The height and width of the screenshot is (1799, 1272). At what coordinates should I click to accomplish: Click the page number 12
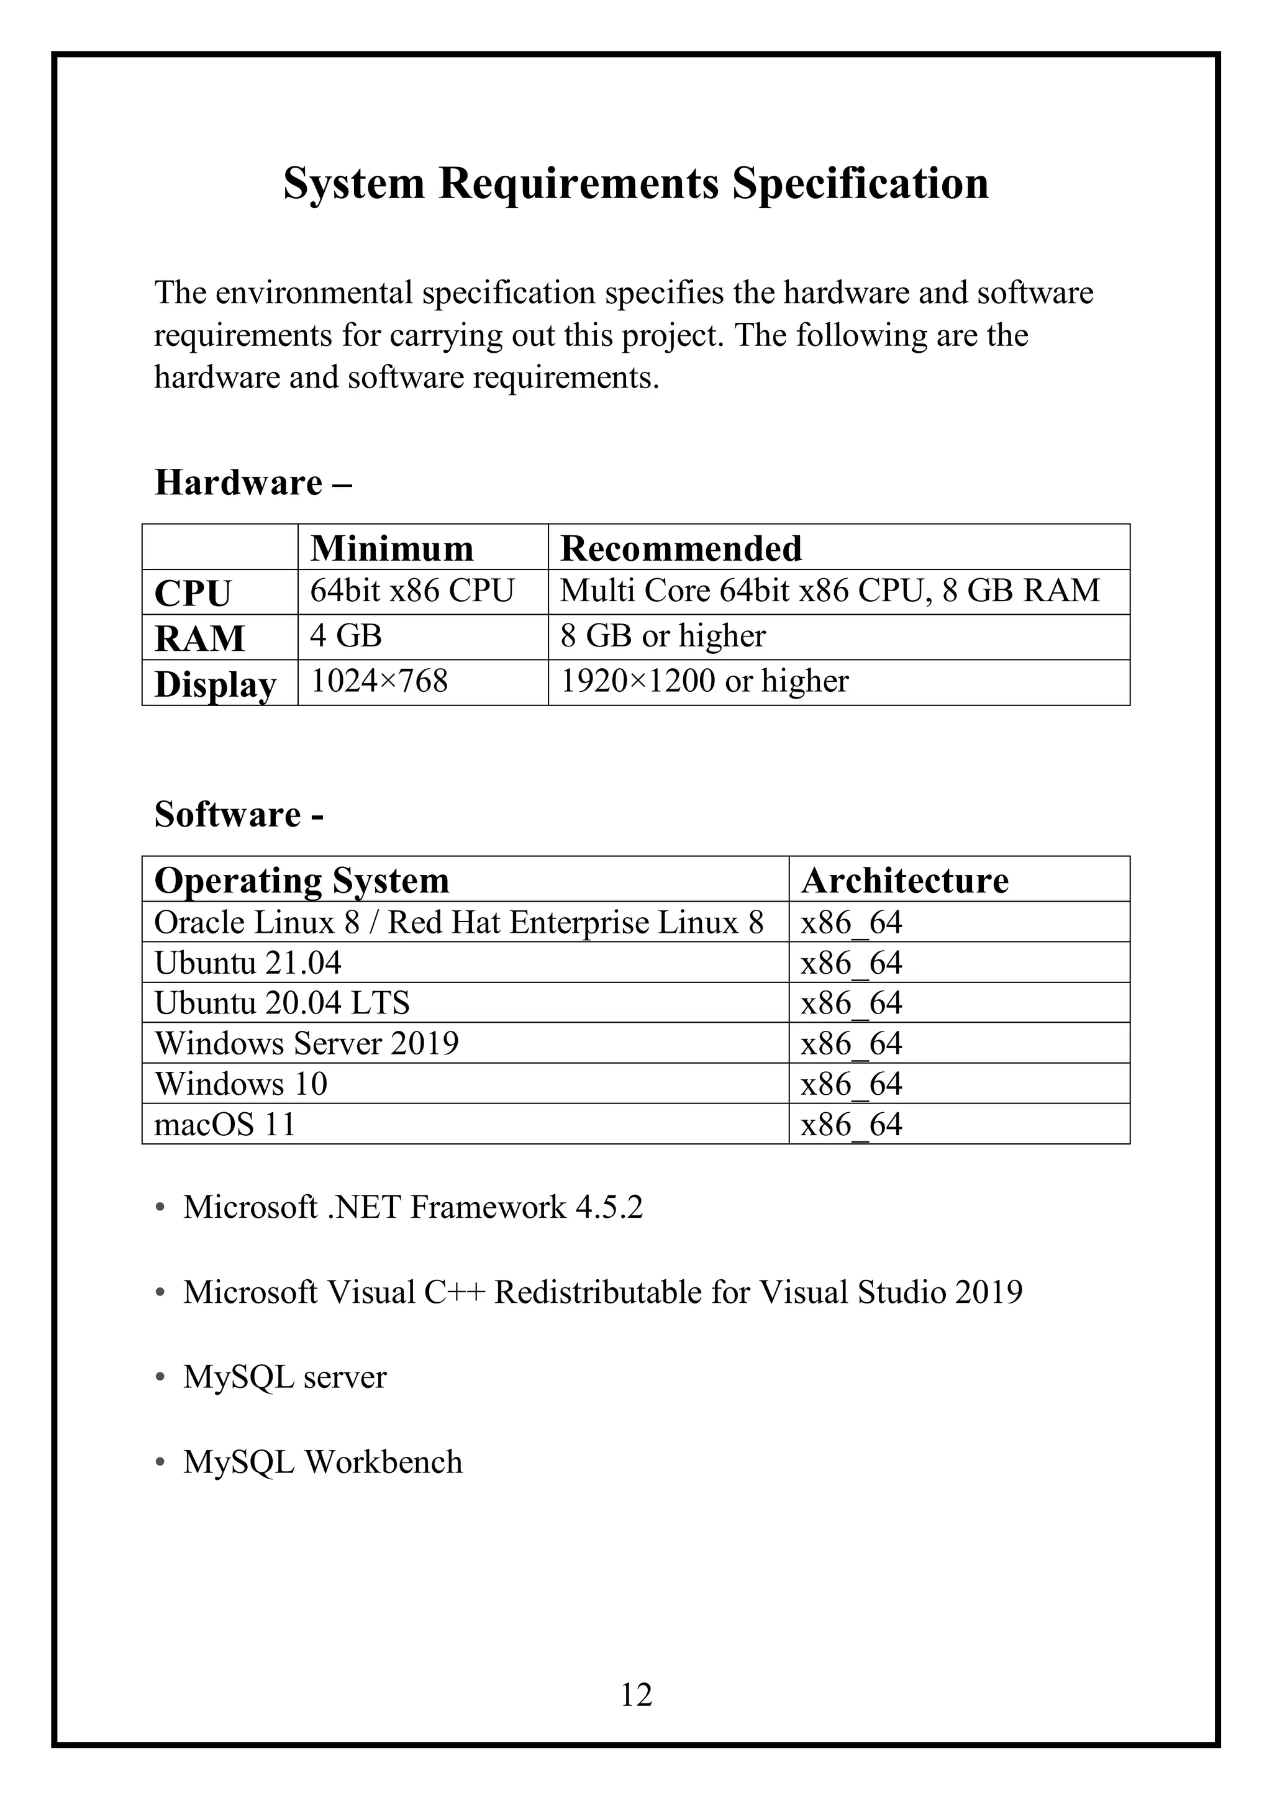click(x=635, y=1694)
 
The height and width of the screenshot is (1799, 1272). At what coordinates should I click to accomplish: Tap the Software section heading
click(x=238, y=814)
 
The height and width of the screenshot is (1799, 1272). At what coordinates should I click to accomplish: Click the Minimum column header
click(x=392, y=548)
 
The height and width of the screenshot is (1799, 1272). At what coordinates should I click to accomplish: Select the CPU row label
click(x=193, y=593)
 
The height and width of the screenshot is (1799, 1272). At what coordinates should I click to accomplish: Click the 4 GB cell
click(x=345, y=635)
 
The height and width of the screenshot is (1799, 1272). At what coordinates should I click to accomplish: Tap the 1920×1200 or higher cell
click(x=704, y=681)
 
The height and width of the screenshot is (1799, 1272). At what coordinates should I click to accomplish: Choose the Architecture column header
click(x=904, y=880)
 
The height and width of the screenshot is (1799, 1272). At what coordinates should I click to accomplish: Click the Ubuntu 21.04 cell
click(x=248, y=962)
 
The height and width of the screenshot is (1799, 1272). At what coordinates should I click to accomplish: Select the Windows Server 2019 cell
click(x=306, y=1043)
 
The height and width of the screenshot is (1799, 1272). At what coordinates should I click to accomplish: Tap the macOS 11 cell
click(x=224, y=1125)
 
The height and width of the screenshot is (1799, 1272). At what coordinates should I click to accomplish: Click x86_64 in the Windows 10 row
click(x=851, y=1084)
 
